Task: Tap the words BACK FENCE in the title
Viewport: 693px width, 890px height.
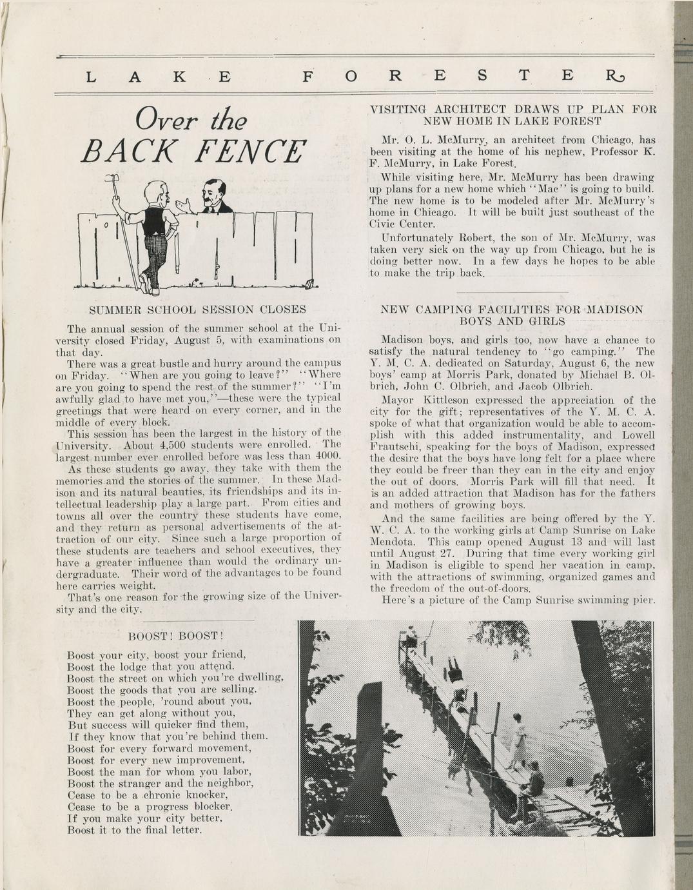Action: (193, 152)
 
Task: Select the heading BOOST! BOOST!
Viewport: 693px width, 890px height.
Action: (175, 636)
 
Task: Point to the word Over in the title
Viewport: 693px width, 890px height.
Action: (160, 121)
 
